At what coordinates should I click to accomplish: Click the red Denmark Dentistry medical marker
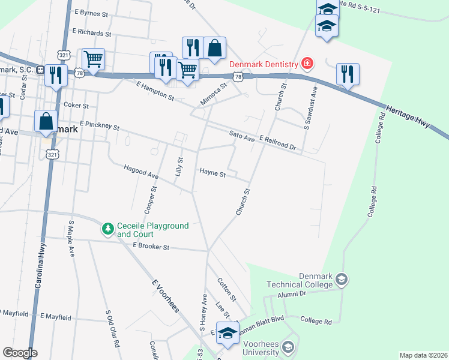coord(307,63)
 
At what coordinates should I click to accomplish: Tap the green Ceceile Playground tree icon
coord(108,229)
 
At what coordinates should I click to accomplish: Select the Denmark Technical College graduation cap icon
coord(342,279)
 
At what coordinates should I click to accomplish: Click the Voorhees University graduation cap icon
coord(288,347)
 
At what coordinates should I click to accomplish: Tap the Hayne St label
coord(212,174)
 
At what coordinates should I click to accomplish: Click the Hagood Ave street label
coord(141,172)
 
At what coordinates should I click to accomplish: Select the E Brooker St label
coord(151,246)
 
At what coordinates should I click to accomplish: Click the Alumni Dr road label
coord(292,294)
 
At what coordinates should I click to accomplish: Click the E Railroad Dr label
coord(278,142)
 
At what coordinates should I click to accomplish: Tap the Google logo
coord(20,353)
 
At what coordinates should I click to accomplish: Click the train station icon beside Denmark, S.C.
coord(41,70)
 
